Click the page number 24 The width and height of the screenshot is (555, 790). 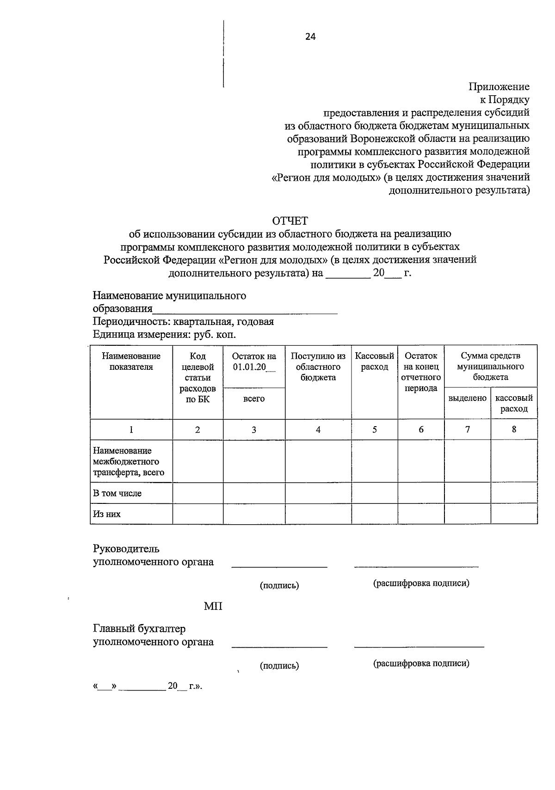click(x=310, y=37)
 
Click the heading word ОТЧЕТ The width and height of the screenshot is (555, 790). click(x=290, y=221)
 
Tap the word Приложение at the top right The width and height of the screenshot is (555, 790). click(x=499, y=86)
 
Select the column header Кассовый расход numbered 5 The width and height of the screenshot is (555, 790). click(x=374, y=361)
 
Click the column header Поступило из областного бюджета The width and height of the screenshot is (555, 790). click(x=318, y=367)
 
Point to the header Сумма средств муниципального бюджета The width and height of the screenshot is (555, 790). click(x=490, y=367)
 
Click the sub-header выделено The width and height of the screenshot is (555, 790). click(x=467, y=398)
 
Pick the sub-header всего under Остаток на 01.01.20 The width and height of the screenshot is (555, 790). click(x=254, y=398)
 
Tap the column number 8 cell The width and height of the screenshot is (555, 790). click(x=514, y=429)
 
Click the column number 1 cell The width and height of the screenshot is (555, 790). click(x=131, y=430)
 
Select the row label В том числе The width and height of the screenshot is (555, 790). click(x=117, y=493)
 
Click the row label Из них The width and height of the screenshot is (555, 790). click(x=107, y=514)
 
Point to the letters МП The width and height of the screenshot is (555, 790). click(x=213, y=606)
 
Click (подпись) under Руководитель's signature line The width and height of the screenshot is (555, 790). click(x=279, y=586)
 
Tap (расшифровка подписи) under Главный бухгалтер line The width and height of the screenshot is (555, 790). click(x=421, y=664)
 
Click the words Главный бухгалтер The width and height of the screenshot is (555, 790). click(x=139, y=629)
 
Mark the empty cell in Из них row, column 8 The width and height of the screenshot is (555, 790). click(x=514, y=514)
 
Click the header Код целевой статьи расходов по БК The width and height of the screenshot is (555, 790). click(x=197, y=378)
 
